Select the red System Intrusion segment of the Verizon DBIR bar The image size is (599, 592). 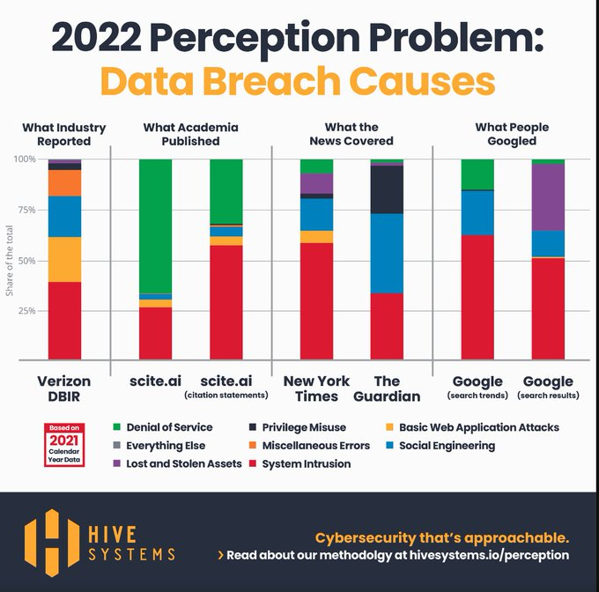click(64, 321)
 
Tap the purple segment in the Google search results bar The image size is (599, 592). click(547, 197)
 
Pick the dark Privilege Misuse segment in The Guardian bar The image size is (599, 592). click(386, 189)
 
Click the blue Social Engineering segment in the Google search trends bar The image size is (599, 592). click(477, 212)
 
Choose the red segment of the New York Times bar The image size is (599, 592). click(316, 300)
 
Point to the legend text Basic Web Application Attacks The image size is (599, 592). click(478, 427)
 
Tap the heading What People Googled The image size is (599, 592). click(510, 134)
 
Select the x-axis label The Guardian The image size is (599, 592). click(386, 388)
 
